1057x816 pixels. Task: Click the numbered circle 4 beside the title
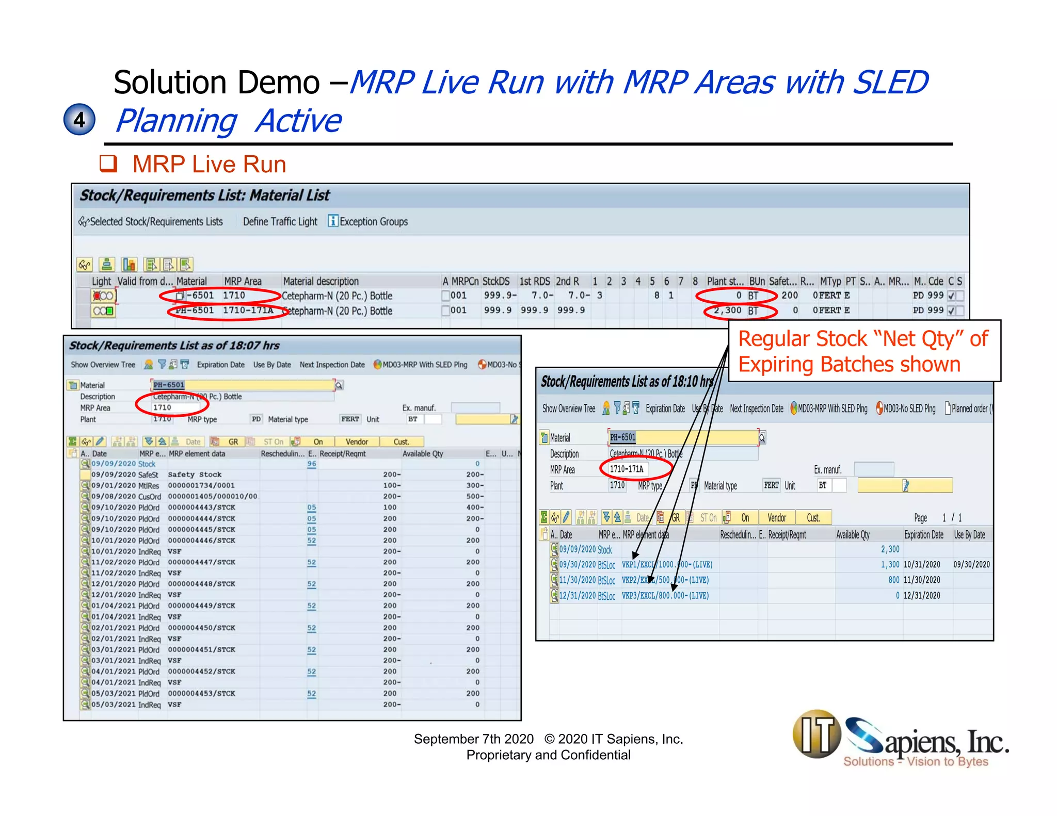[79, 120]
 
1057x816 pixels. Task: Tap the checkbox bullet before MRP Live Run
[108, 164]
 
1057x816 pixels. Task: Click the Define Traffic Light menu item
[280, 221]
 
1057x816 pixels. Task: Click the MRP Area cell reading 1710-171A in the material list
[248, 311]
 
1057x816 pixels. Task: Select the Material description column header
[321, 281]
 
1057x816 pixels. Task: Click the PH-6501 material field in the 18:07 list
[243, 385]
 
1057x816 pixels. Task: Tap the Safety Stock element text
[195, 475]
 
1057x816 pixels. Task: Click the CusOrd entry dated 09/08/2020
[150, 496]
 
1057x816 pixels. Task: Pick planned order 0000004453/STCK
[201, 693]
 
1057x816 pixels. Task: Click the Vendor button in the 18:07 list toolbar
[357, 442]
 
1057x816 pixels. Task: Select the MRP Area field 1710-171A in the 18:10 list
[627, 469]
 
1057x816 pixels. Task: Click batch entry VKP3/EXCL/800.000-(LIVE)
[665, 595]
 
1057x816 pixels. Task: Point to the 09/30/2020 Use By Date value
[971, 564]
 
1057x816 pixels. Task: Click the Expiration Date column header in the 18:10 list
[923, 535]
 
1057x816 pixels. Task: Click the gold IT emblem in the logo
[817, 733]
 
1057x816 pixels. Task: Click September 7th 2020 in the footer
[473, 739]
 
